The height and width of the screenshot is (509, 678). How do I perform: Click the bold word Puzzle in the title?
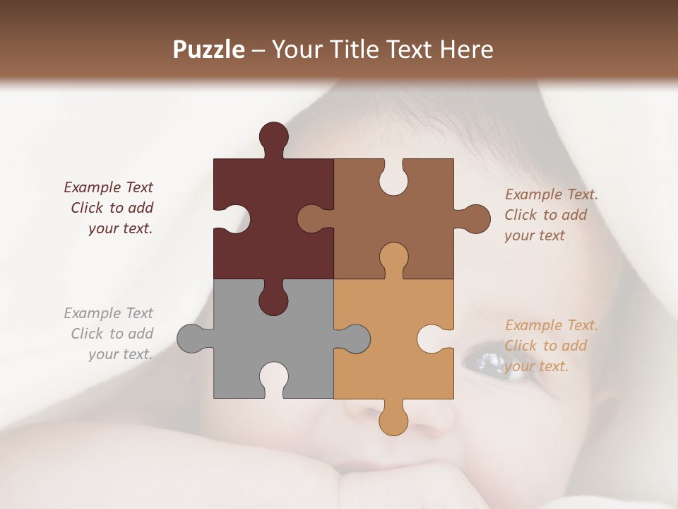click(x=209, y=49)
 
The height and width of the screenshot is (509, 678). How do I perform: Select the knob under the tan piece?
click(x=393, y=419)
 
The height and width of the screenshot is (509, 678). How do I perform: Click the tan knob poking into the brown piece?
click(x=393, y=259)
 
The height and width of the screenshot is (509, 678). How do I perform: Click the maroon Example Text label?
click(x=108, y=187)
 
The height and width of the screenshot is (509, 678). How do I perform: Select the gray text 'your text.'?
click(x=120, y=354)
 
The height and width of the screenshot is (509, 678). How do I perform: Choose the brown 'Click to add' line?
click(x=546, y=215)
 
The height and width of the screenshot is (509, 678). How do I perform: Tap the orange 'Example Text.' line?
click(x=552, y=325)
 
